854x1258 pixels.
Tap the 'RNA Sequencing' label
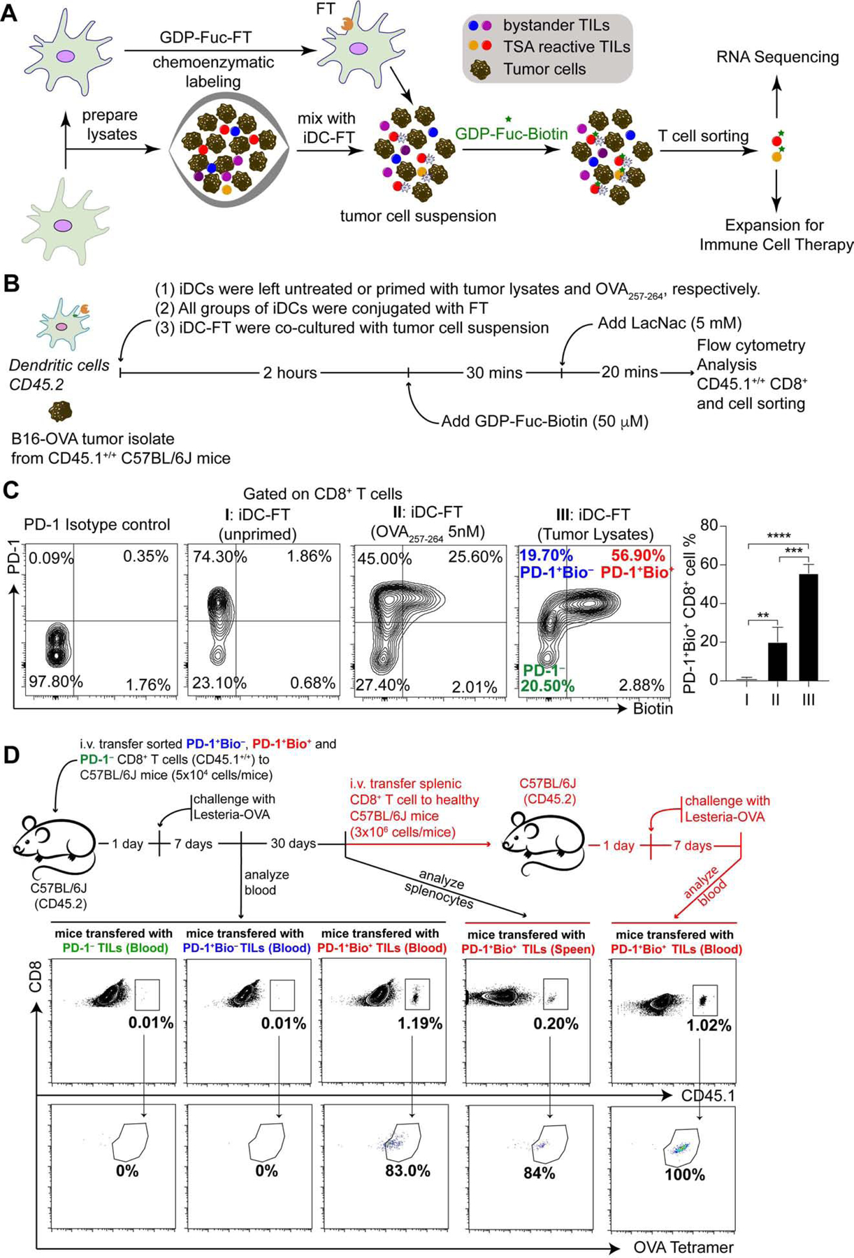point(777,57)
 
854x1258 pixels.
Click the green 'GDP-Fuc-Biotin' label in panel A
point(512,133)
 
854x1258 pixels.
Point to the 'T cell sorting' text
point(703,136)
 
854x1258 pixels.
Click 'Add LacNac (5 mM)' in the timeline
point(669,324)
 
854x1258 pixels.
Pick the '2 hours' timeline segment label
point(290,373)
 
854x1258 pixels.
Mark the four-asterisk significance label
point(779,536)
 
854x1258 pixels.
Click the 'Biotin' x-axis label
point(652,709)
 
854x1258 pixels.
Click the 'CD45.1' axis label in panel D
point(708,1095)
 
